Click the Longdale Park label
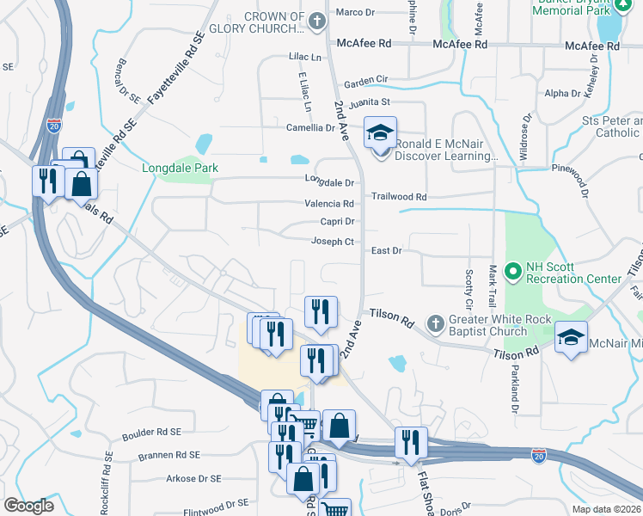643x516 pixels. pyautogui.click(x=180, y=168)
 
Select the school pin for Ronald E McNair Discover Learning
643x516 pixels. pyautogui.click(x=380, y=132)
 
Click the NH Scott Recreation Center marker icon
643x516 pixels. pyautogui.click(x=514, y=273)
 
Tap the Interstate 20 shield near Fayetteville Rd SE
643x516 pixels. pyautogui.click(x=54, y=126)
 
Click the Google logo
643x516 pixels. pyautogui.click(x=28, y=505)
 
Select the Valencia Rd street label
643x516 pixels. pyautogui.click(x=329, y=204)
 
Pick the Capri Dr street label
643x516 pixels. pyautogui.click(x=337, y=222)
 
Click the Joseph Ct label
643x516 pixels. pyautogui.click(x=333, y=242)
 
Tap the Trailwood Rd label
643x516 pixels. pyautogui.click(x=398, y=197)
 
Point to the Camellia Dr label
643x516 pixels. pyautogui.click(x=310, y=127)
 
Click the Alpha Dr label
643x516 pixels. pyautogui.click(x=563, y=93)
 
